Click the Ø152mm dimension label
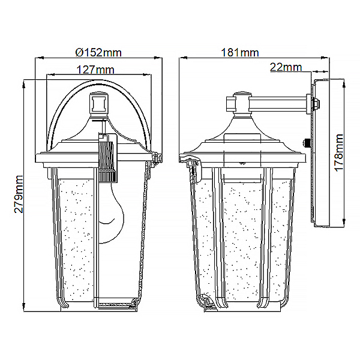pyautogui.click(x=98, y=53)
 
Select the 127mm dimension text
pyautogui.click(x=95, y=70)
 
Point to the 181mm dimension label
pyautogui.click(x=239, y=53)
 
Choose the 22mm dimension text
pyautogui.click(x=286, y=67)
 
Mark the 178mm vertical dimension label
pyautogui.click(x=338, y=153)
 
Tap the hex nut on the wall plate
pyautogui.click(x=316, y=104)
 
